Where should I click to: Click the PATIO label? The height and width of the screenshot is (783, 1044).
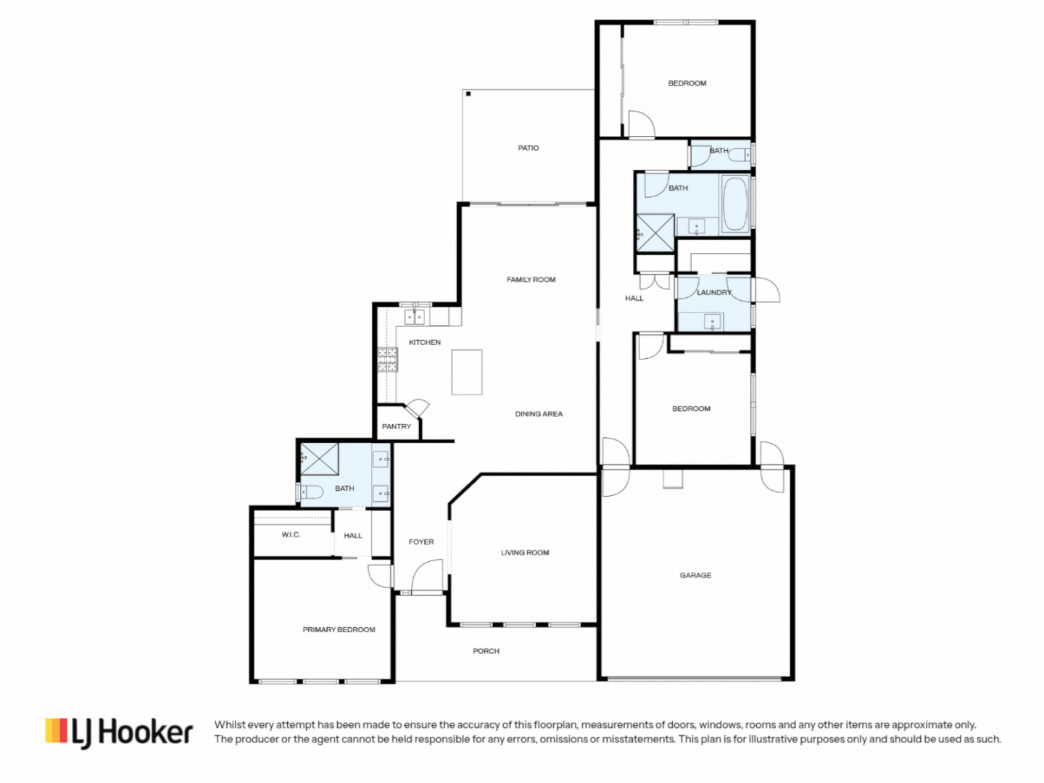point(528,148)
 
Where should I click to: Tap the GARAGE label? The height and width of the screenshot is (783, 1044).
point(695,575)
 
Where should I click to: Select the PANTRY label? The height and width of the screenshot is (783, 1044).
point(396,426)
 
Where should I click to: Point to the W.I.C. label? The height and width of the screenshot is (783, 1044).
point(291,535)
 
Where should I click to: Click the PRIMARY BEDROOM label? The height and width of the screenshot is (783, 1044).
point(339,629)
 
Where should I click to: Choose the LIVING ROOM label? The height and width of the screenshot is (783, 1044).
point(525,552)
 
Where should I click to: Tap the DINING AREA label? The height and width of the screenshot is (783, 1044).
point(539,414)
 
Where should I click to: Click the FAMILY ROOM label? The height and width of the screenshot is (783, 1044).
point(531,279)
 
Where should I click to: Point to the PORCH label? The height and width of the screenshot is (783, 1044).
point(486,651)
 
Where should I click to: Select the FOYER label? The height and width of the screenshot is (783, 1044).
point(420,542)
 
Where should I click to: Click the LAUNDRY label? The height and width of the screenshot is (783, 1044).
point(714,292)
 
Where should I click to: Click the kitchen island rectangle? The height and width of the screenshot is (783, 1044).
point(467,372)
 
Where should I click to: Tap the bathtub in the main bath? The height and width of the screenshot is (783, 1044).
point(735,204)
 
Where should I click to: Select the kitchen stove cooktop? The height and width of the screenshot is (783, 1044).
point(387,359)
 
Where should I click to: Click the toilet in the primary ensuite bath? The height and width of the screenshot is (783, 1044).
point(310,492)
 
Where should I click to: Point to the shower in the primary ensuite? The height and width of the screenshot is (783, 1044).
point(320,458)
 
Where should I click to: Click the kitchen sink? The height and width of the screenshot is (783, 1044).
point(414,317)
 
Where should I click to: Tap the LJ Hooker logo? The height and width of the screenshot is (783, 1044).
point(120,732)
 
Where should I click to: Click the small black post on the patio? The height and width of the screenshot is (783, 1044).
point(468,94)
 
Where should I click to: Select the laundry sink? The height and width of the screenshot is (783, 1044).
point(713,322)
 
